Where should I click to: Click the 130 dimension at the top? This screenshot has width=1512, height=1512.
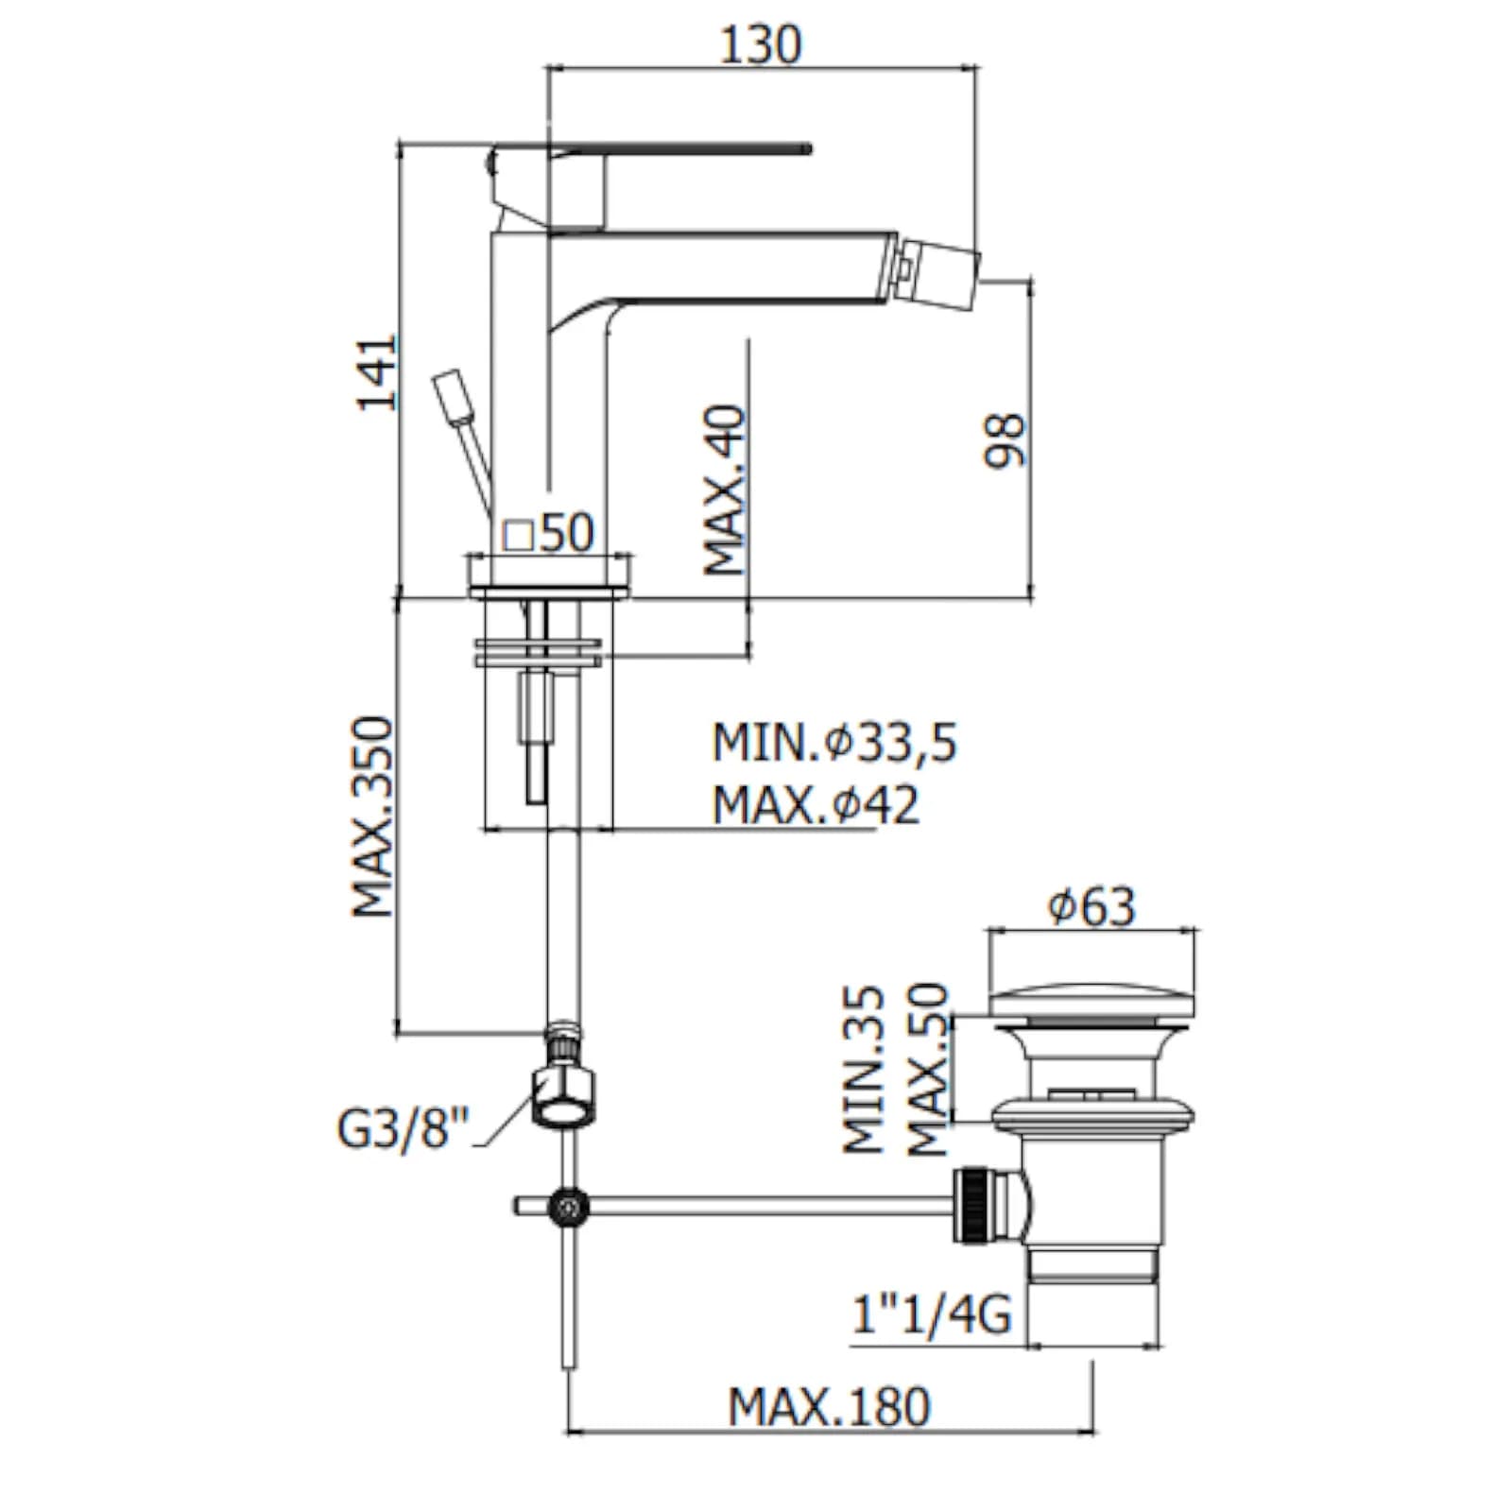point(760,45)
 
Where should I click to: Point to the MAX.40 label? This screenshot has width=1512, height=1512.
point(726,490)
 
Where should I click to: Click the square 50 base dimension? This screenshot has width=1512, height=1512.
point(548,533)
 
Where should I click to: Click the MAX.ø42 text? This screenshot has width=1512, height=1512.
point(816,805)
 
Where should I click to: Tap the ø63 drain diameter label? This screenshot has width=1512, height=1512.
point(1091,906)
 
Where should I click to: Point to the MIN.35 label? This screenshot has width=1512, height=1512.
point(865,1071)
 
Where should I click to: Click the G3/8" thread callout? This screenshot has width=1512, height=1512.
point(403,1127)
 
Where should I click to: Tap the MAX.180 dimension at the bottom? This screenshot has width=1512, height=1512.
point(829,1407)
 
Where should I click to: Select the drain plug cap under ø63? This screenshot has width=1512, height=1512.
point(1091,1002)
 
